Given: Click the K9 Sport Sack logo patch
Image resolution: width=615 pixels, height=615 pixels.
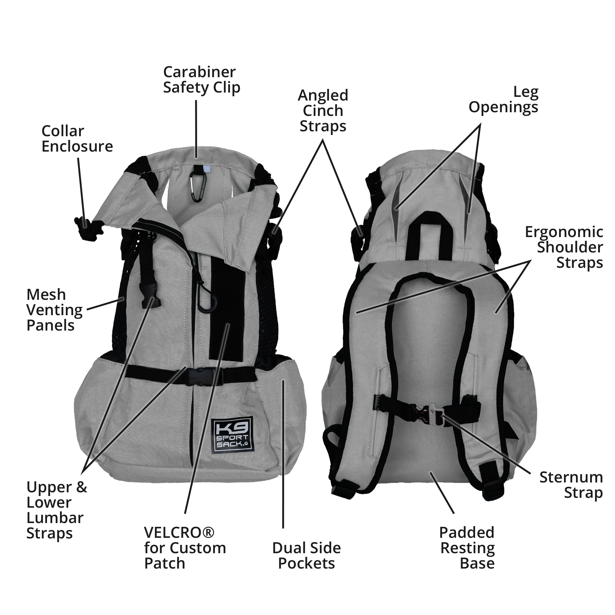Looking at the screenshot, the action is point(232,434).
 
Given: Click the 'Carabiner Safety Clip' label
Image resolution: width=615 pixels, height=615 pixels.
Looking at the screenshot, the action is point(201,80).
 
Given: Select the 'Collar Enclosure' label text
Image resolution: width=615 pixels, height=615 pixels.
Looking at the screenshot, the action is point(77,139).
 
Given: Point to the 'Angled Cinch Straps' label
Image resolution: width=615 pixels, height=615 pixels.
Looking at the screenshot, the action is point(323,111).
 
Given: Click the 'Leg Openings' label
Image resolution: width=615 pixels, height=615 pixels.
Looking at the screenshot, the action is point(503,100).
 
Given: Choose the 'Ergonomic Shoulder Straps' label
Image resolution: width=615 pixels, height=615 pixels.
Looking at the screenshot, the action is point(564,247).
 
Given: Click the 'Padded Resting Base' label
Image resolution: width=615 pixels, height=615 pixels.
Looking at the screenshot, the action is point(467,548).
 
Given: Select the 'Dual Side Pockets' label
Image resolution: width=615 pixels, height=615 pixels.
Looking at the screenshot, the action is point(307,555).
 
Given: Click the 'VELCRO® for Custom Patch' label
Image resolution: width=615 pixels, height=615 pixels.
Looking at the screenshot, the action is point(185,548).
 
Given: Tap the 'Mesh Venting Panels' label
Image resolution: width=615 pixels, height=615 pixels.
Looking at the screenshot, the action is point(54,310).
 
